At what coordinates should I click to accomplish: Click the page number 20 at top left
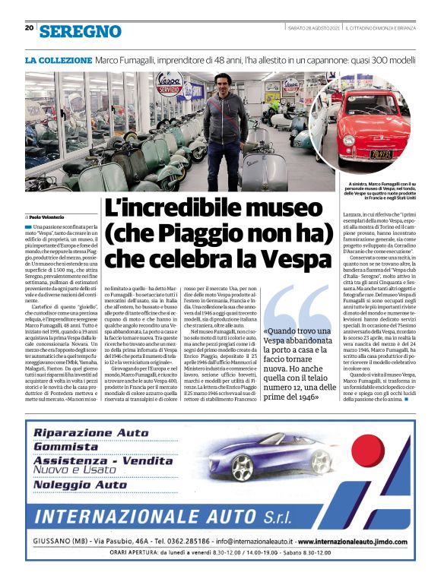click(29, 29)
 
